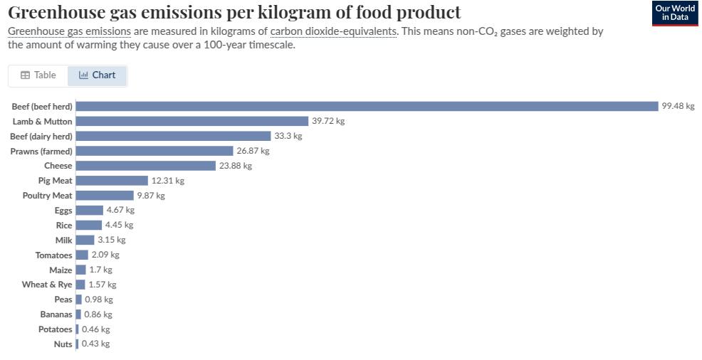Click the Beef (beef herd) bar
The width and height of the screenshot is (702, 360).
[x=367, y=106]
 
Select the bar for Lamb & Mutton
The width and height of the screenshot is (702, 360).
[x=192, y=121]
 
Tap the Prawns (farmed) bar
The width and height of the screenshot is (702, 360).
[x=154, y=151]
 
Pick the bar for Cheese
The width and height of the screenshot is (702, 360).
[x=145, y=166]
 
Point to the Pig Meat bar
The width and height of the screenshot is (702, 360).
[x=112, y=181]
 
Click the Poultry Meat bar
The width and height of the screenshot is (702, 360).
[x=105, y=196]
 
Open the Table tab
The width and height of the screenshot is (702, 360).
[x=38, y=75]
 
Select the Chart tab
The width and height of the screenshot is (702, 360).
[x=97, y=75]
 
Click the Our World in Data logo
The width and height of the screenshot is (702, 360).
[x=675, y=14]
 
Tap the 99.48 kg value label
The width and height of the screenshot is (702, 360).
[x=678, y=106]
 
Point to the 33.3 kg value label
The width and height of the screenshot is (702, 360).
[x=288, y=136]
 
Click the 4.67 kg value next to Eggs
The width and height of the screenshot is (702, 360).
[x=120, y=211]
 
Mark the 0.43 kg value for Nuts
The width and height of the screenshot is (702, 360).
[x=96, y=344]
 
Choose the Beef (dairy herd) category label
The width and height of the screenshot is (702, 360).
[x=41, y=136]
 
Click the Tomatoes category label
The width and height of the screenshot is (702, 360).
[x=54, y=255]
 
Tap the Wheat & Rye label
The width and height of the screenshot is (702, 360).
[x=47, y=285]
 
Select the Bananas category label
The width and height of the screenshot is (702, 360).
[x=56, y=314]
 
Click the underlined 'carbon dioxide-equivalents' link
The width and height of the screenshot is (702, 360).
[x=333, y=32]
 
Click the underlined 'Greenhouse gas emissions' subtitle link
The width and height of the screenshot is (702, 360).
[x=69, y=32]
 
